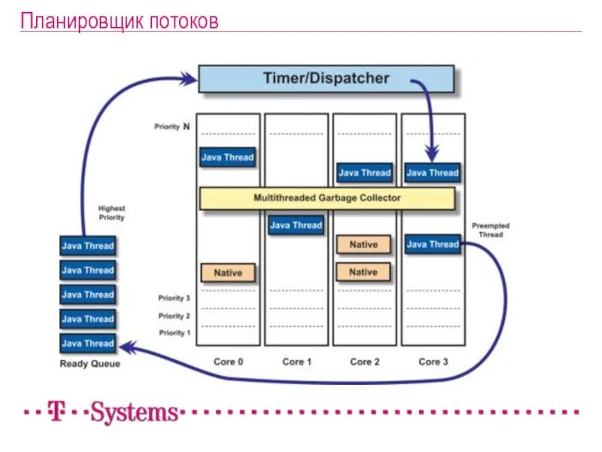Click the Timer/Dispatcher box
click(x=326, y=78)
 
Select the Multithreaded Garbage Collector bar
click(x=327, y=198)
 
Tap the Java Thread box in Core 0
click(x=227, y=157)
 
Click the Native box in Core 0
click(x=228, y=272)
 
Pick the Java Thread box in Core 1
click(x=296, y=225)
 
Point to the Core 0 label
click(x=228, y=362)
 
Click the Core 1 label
click(x=296, y=362)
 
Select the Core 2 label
click(x=364, y=362)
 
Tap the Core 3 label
click(x=433, y=362)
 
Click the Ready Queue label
click(x=90, y=364)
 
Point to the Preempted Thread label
click(x=490, y=230)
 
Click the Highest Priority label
click(x=111, y=212)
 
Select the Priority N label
click(x=172, y=127)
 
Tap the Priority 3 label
click(x=174, y=298)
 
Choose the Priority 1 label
click(x=174, y=332)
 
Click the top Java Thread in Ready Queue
click(x=87, y=246)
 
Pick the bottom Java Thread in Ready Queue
click(x=87, y=344)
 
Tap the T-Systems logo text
click(x=113, y=413)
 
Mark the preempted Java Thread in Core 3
click(x=433, y=244)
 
